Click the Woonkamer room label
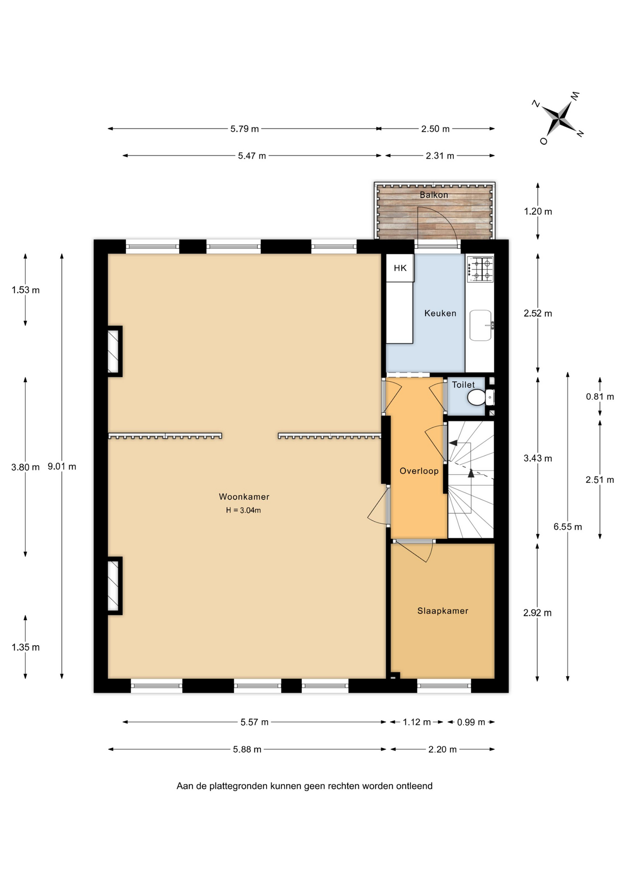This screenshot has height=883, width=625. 244,497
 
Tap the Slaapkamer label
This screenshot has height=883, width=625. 443,611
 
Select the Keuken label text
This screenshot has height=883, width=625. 440,313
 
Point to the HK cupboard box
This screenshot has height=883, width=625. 400,268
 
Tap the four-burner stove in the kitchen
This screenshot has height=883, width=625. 480,269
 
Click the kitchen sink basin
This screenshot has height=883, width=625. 480,326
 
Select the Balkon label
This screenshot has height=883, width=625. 434,195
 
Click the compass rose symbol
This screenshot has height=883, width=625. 559,118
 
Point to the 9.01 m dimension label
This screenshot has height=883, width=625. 62,466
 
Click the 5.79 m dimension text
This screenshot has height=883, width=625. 244,129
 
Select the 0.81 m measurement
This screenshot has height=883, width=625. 600,396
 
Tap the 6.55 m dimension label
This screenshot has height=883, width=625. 568,527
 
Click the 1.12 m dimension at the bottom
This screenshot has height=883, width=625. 417,722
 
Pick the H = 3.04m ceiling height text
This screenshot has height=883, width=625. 243,510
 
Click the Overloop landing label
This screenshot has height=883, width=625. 419,471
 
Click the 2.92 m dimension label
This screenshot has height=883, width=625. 538,613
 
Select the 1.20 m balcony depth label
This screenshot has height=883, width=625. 538,212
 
